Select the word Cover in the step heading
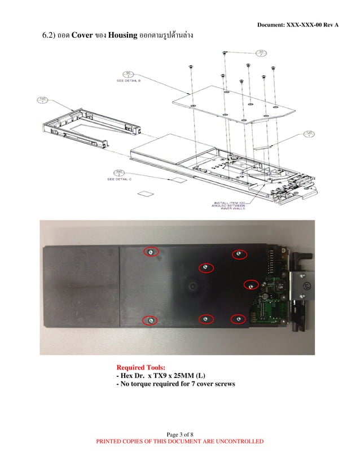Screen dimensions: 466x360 click(86, 37)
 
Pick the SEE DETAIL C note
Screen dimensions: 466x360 click(120, 179)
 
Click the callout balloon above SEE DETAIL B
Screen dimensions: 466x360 click(128, 73)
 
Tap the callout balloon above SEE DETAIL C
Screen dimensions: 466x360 click(119, 172)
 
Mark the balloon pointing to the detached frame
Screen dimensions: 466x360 click(42, 100)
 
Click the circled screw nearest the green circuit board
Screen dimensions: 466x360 click(251, 285)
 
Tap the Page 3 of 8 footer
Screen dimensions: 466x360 click(180, 433)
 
